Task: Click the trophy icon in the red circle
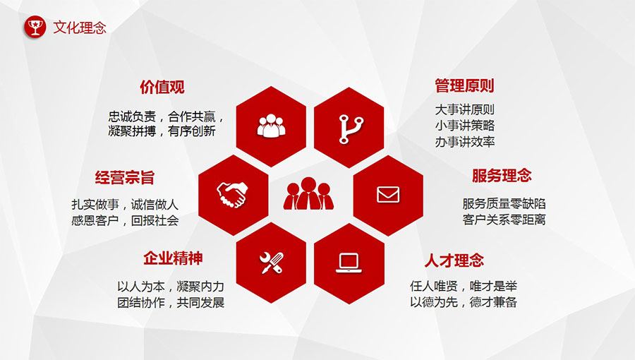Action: click(x=35, y=27)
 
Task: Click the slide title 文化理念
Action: click(x=80, y=28)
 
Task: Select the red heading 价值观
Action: click(x=162, y=87)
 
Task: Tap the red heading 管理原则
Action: click(x=464, y=86)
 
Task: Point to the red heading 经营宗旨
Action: click(x=125, y=178)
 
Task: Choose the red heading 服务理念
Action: click(x=502, y=176)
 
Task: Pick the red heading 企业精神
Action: click(x=173, y=258)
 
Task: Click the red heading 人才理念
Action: click(x=454, y=260)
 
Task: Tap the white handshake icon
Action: click(x=232, y=195)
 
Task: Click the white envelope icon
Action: click(x=388, y=195)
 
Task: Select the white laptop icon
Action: click(x=349, y=263)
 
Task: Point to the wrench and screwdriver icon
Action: click(x=272, y=263)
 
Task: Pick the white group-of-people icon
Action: click(x=272, y=126)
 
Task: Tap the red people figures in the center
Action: click(x=308, y=193)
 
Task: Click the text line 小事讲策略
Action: click(x=465, y=126)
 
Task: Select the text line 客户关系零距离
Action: click(x=504, y=220)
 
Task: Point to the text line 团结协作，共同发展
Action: click(x=171, y=303)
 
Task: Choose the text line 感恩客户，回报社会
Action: click(x=125, y=221)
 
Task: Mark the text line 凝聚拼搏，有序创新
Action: click(x=162, y=131)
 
